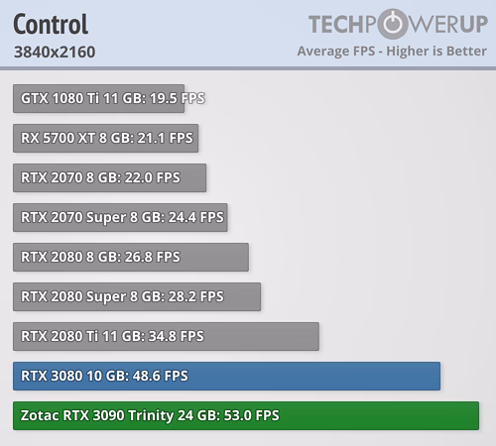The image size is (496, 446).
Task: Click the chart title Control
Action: click(x=51, y=24)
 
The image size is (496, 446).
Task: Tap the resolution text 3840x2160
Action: click(x=55, y=52)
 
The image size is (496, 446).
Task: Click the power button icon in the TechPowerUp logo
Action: click(x=393, y=24)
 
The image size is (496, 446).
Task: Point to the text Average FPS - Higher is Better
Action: click(x=392, y=52)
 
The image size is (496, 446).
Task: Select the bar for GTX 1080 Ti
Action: click(x=98, y=98)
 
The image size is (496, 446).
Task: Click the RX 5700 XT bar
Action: click(x=105, y=138)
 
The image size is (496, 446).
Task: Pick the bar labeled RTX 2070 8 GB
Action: click(x=109, y=177)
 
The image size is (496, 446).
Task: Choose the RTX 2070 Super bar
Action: click(x=120, y=217)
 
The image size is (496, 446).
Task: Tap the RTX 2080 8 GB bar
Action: click(x=131, y=257)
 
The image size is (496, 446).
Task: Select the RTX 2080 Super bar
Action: click(x=137, y=296)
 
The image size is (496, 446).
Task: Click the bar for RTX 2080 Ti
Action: click(x=166, y=336)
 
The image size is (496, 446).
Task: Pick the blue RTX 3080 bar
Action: click(x=226, y=376)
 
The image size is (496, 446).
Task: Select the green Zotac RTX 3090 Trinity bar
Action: click(x=246, y=415)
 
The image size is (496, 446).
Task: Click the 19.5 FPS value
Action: click(x=178, y=98)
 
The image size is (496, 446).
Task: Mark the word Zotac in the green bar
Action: click(x=40, y=415)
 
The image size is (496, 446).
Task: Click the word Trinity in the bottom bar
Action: click(x=151, y=416)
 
